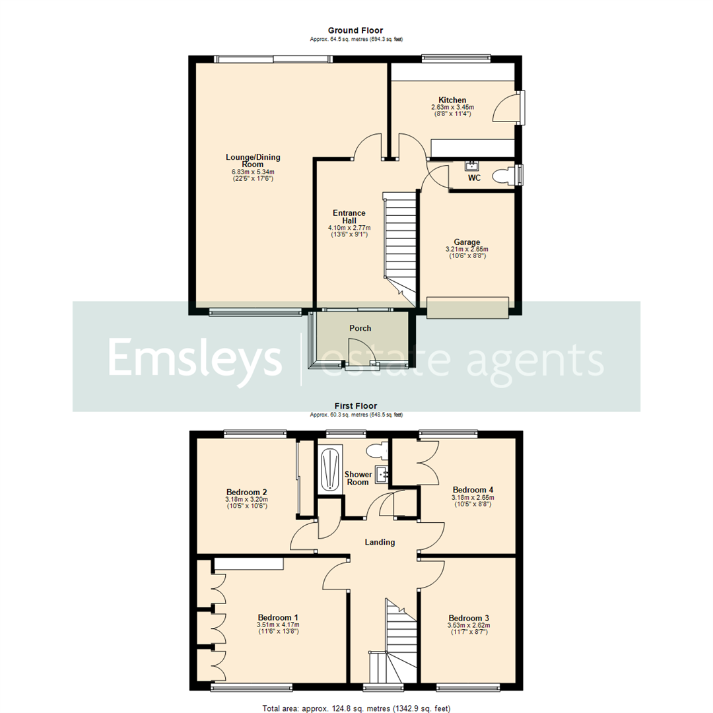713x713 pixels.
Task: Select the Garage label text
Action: click(x=466, y=242)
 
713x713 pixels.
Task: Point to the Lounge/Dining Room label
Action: click(x=253, y=160)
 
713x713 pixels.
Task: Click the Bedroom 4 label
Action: click(x=472, y=489)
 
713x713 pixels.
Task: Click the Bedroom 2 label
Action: click(x=246, y=492)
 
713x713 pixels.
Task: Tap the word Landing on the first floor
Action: click(x=380, y=542)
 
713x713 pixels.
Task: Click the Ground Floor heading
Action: click(x=356, y=30)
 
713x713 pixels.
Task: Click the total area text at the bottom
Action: click(x=356, y=708)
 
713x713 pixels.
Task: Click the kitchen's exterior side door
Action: click(x=507, y=108)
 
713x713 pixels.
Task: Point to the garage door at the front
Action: click(x=467, y=308)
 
